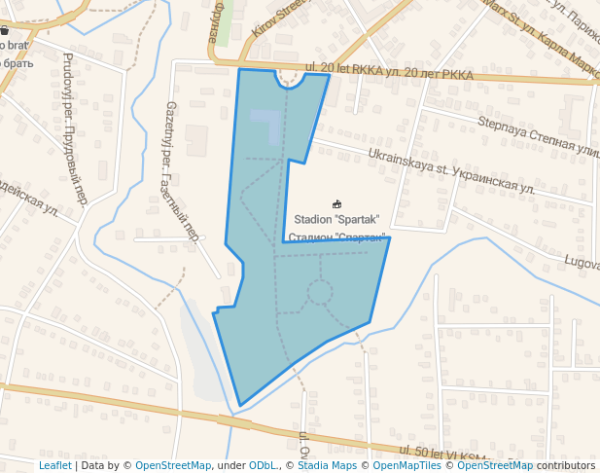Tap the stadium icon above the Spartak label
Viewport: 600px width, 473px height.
(x=336, y=203)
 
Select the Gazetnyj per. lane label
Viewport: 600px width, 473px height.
(x=182, y=170)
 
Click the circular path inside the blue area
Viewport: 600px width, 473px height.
(x=319, y=291)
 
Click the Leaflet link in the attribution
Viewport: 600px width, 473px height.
(x=54, y=465)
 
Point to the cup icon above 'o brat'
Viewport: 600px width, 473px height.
(x=5, y=30)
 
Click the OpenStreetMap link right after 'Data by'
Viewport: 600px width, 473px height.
(x=173, y=465)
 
